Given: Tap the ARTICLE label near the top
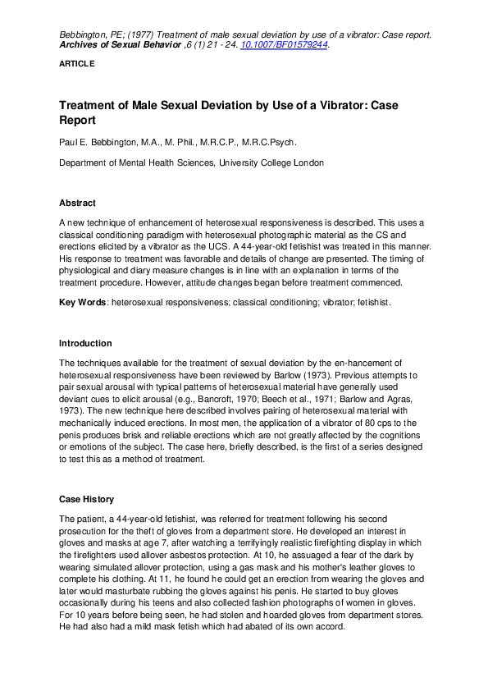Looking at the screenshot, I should pos(77,63).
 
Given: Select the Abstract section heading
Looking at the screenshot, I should pos(77,203).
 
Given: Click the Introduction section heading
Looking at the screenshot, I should pos(85,343).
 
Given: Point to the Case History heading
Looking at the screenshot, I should pos(87,499).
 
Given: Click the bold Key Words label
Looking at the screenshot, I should pos(82,303).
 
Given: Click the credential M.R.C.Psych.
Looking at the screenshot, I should pos(274,141).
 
